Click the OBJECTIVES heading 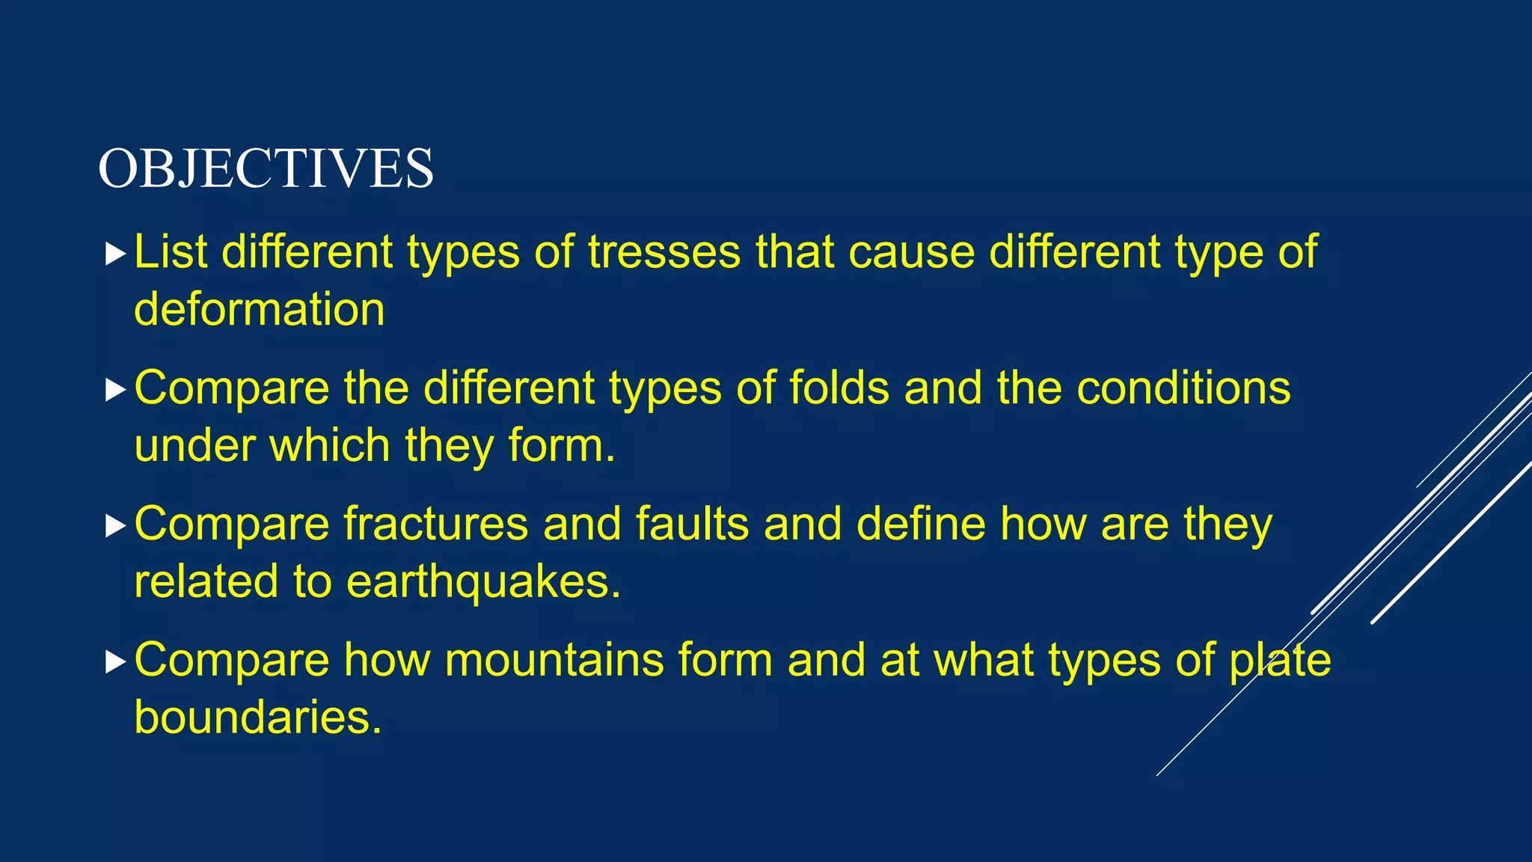[x=266, y=168]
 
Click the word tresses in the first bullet [x=664, y=252]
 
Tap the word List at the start [x=171, y=252]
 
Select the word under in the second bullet [x=194, y=446]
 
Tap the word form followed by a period [x=561, y=446]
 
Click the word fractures [x=435, y=524]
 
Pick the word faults [x=692, y=524]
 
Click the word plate [x=1280, y=660]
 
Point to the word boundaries [x=257, y=718]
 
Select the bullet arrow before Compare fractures [x=115, y=526]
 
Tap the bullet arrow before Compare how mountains [x=115, y=662]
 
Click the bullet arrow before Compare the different [x=115, y=390]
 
